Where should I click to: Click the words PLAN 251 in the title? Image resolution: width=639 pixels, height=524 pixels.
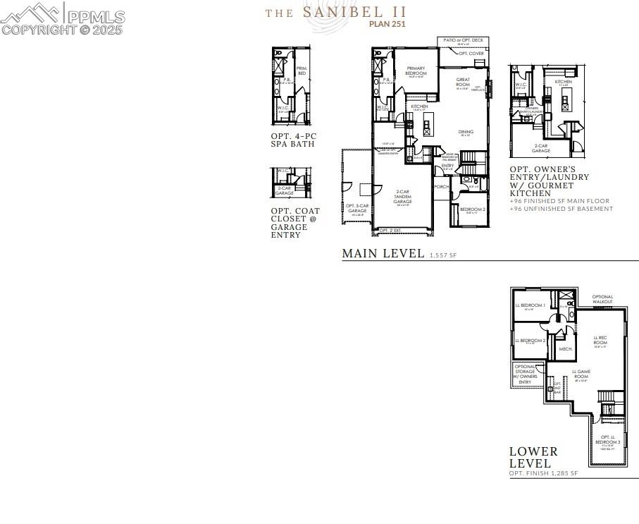[x=387, y=23]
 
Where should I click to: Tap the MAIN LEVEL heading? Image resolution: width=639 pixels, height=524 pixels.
[x=383, y=253]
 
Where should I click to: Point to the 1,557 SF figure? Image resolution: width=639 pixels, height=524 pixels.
[x=443, y=255]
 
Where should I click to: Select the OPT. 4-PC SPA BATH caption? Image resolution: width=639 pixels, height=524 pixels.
[x=293, y=140]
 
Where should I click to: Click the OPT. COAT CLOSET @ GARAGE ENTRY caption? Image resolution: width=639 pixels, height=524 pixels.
[x=295, y=223]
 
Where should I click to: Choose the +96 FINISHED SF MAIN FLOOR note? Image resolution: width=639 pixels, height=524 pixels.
[x=559, y=201]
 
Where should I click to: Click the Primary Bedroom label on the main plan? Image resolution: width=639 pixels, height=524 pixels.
[x=416, y=71]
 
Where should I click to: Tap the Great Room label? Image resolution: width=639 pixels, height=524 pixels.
[x=463, y=83]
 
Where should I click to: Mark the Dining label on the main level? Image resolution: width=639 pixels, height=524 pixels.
[x=466, y=132]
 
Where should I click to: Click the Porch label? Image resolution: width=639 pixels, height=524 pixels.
[x=441, y=187]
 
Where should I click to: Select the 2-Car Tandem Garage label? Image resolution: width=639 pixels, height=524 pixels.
[x=402, y=197]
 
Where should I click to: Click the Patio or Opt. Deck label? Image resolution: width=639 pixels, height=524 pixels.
[x=463, y=41]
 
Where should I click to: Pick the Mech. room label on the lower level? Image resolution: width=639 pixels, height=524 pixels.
[x=565, y=348]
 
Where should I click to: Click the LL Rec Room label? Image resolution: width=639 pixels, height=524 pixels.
[x=600, y=341]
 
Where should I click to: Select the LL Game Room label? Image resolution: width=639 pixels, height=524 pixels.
[x=581, y=374]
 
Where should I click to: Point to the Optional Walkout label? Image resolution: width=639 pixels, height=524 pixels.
[x=602, y=299]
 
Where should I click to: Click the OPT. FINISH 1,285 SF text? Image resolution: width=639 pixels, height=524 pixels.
[x=543, y=473]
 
